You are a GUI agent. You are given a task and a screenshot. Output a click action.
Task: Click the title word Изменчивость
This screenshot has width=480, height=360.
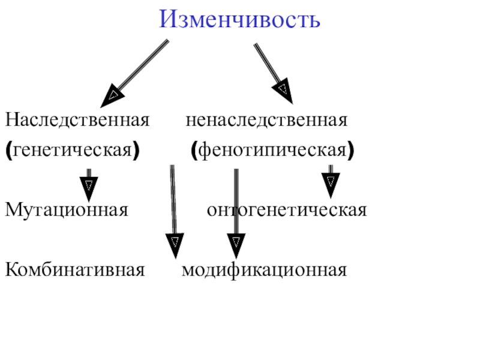240,21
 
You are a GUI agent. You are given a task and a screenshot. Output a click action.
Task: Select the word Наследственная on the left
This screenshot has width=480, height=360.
77,120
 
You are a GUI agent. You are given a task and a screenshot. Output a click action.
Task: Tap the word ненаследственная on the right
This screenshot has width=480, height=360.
266,120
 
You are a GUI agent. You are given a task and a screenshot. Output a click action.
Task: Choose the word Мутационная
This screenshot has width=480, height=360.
67,211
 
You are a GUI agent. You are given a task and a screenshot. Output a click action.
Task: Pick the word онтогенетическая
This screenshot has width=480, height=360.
286,211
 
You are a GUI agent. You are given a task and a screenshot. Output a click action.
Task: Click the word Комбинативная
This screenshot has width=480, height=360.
75,270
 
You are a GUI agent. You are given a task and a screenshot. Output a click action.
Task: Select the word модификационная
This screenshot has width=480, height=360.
264,270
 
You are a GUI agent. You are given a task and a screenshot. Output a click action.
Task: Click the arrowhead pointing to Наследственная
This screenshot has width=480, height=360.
113,95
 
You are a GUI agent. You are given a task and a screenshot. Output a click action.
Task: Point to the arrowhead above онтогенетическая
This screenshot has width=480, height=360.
330,183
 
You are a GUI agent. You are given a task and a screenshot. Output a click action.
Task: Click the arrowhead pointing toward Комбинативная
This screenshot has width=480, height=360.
174,244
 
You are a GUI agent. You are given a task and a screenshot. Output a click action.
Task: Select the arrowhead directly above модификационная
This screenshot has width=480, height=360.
236,244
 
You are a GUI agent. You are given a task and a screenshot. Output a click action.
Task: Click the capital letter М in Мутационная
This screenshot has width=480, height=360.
13,211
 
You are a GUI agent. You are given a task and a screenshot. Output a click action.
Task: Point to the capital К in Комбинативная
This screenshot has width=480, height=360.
11,270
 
